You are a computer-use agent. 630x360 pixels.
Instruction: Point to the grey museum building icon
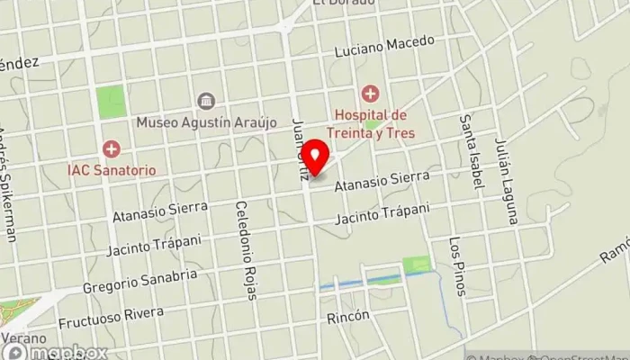pyautogui.click(x=206, y=100)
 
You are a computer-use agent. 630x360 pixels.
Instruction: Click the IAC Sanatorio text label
pyautogui.click(x=111, y=169)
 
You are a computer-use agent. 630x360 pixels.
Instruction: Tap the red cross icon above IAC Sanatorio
pyautogui.click(x=111, y=148)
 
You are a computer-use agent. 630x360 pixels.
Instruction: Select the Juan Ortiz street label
pyautogui.click(x=301, y=152)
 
